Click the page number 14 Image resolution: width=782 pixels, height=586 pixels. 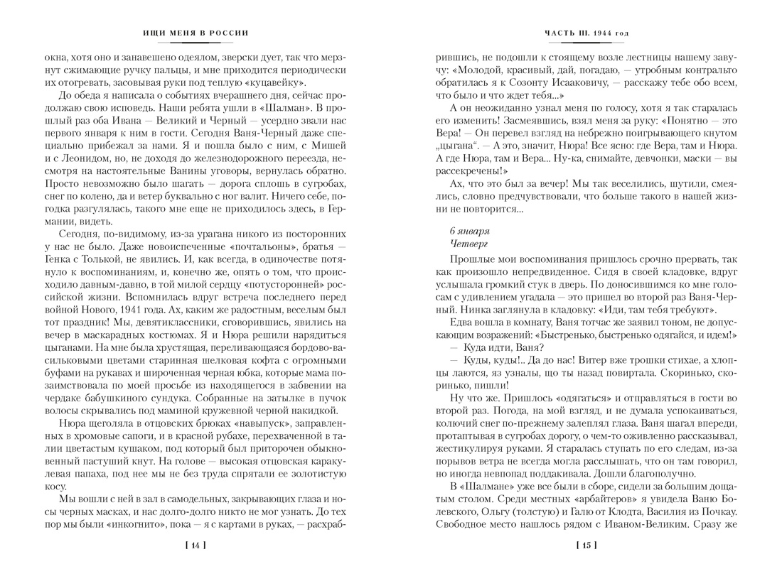click(195, 546)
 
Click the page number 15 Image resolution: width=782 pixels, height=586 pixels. click(586, 546)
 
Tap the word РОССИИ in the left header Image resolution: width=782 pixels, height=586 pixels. click(234, 33)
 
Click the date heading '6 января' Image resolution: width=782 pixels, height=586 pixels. click(470, 231)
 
